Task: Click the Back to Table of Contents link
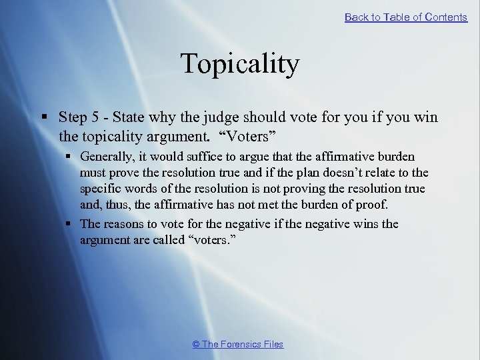pyautogui.click(x=405, y=17)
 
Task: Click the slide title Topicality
pyautogui.click(x=240, y=64)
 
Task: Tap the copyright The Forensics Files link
pyautogui.click(x=238, y=344)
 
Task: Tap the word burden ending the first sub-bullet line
pyautogui.click(x=396, y=157)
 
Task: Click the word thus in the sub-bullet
pyautogui.click(x=117, y=205)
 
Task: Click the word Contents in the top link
pyautogui.click(x=446, y=17)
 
